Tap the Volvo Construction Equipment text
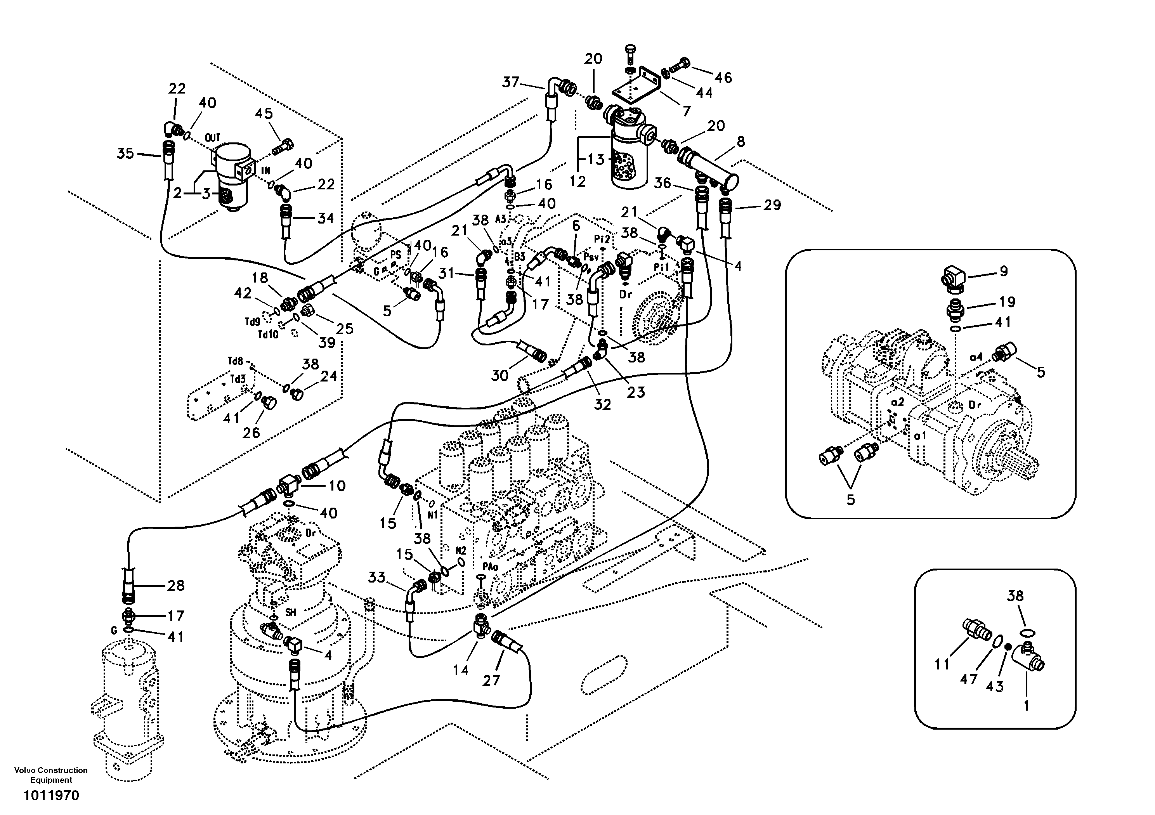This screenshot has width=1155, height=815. coord(51,775)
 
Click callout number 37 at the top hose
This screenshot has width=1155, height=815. coord(511,81)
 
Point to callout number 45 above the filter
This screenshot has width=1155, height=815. coord(264,114)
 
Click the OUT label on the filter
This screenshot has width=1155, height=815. coord(213,137)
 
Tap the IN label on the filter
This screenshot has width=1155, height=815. coord(265,171)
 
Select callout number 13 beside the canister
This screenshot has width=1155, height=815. coord(596,160)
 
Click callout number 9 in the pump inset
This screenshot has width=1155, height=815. coord(1004,271)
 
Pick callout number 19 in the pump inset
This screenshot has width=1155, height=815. coord(1007,302)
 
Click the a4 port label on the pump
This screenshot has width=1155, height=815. coord(976,357)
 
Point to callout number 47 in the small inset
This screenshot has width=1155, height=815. coord(968,679)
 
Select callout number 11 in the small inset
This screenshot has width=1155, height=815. coord(942,664)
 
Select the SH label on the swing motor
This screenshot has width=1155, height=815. coord(290,612)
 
